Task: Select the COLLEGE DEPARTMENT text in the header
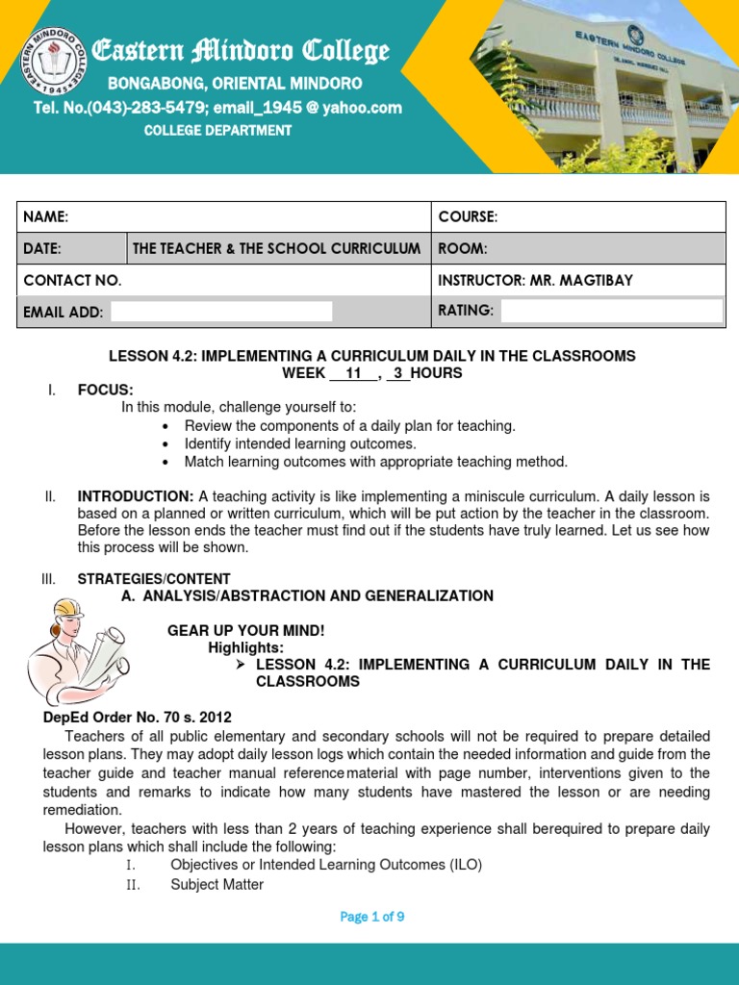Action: pos(217,131)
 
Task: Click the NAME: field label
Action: pos(45,217)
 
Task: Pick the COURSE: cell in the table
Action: pos(468,217)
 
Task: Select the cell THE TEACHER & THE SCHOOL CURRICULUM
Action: pos(277,248)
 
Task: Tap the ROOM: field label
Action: pos(463,248)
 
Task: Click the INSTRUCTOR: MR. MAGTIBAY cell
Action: pos(536,280)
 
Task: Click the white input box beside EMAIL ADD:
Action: pos(221,311)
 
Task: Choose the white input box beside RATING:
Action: pos(612,310)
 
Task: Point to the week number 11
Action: pos(352,373)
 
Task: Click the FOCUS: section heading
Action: pos(106,390)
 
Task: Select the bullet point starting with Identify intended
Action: pos(300,443)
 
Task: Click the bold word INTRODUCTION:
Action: pos(136,496)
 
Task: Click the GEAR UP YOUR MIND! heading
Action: pos(246,630)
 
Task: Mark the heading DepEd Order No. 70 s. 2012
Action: pos(138,718)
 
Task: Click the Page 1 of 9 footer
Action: pos(372,917)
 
